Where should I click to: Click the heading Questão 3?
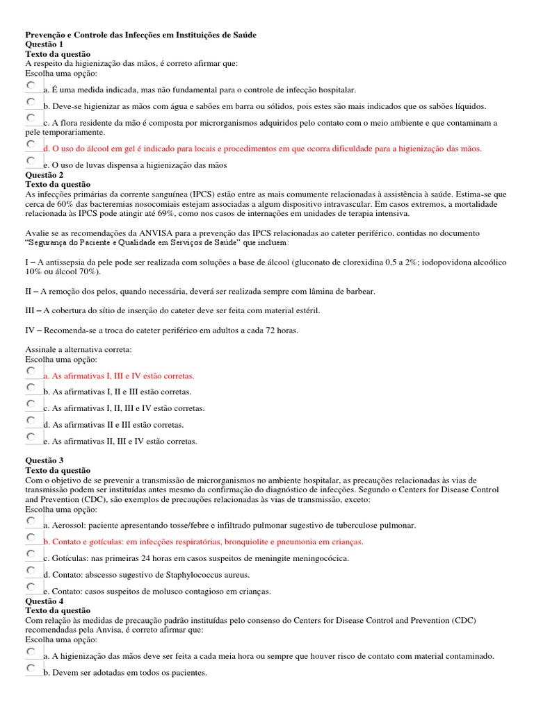[x=44, y=460]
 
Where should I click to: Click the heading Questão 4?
[x=44, y=601]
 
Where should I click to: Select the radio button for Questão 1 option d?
[x=31, y=144]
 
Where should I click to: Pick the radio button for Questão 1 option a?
[x=31, y=85]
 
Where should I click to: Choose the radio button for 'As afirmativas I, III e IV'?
[x=31, y=371]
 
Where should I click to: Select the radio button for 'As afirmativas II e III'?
[x=31, y=420]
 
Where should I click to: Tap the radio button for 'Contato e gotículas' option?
[x=31, y=537]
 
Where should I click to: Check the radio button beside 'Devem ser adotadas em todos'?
[x=31, y=668]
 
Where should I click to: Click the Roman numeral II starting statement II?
[x=29, y=292]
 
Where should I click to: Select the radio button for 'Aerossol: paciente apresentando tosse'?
[x=31, y=521]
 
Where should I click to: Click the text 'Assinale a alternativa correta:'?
[x=78, y=349]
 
